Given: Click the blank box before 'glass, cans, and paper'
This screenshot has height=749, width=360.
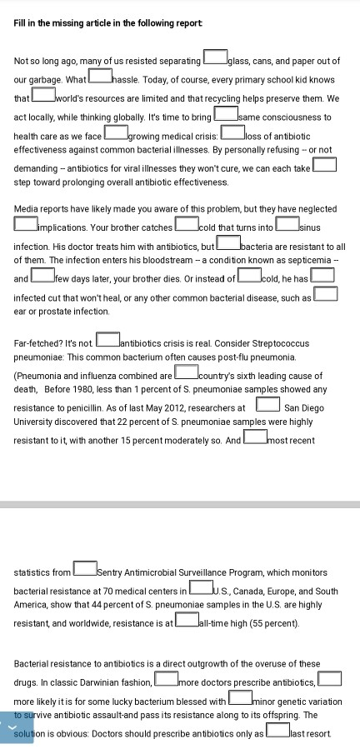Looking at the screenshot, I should [x=215, y=59].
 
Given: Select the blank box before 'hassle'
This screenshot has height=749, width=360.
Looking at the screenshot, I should [x=100, y=77].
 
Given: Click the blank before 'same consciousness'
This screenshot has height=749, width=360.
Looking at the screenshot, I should [x=225, y=116].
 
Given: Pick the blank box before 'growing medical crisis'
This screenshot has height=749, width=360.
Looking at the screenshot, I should [x=116, y=134].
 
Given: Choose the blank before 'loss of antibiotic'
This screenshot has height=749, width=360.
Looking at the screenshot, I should [x=232, y=134].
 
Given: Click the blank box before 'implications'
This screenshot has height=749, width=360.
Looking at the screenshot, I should [x=26, y=224].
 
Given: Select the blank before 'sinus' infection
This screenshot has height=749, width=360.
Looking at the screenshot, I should [x=287, y=225].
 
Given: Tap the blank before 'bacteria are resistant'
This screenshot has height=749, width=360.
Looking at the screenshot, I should [x=227, y=245].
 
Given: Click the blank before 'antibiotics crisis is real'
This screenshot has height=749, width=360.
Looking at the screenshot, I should [x=107, y=341].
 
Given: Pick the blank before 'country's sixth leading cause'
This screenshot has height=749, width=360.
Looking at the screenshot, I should [x=186, y=375].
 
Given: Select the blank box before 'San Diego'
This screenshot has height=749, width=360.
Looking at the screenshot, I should [x=267, y=406].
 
